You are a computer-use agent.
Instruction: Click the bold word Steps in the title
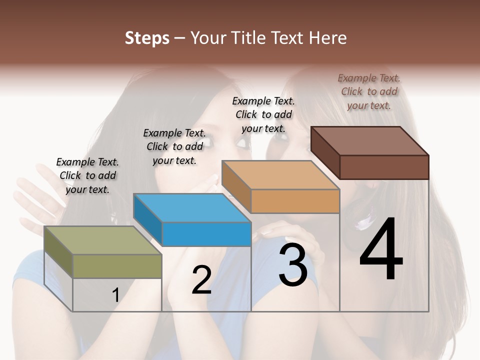[x=147, y=38]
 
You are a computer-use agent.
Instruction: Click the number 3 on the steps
[x=293, y=264]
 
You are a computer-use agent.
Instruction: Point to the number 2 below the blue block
[x=201, y=279]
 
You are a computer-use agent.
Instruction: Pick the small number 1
[x=115, y=295]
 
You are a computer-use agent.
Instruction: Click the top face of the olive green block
[x=102, y=240]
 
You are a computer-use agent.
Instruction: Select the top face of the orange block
[x=280, y=175]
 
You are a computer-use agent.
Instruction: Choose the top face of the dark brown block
[x=369, y=140]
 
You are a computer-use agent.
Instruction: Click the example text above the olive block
[x=87, y=175]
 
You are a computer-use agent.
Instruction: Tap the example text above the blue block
[x=174, y=146]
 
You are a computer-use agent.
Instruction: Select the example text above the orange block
[x=263, y=114]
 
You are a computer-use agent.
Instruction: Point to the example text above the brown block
[x=369, y=91]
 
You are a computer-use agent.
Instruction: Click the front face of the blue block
[x=206, y=234]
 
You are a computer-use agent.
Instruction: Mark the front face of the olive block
[x=117, y=266]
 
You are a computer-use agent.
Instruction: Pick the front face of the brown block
[x=384, y=167]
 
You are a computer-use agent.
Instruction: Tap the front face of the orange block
[x=295, y=201]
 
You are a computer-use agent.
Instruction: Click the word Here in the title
[x=329, y=38]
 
